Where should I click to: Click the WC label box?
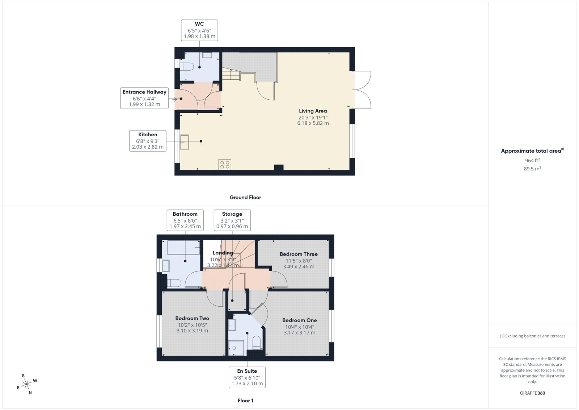point(199,30)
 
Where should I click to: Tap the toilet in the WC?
point(187,67)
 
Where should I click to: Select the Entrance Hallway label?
point(144,98)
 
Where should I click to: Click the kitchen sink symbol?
point(185,142)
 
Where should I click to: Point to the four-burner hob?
point(225,165)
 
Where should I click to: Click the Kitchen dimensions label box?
point(148,141)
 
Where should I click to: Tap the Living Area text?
point(313,111)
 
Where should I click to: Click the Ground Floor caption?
point(245,198)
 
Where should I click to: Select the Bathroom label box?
point(185,220)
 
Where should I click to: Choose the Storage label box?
point(232,220)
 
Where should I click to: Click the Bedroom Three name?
point(299,254)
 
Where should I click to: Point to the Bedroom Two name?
point(192,318)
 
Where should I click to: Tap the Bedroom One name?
point(299,320)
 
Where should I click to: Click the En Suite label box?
point(247,377)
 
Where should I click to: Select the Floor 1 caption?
point(245,401)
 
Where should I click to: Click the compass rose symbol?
point(27,384)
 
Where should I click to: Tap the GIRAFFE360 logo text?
point(532,393)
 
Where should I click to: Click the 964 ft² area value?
point(532,161)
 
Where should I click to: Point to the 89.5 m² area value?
point(532,169)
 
